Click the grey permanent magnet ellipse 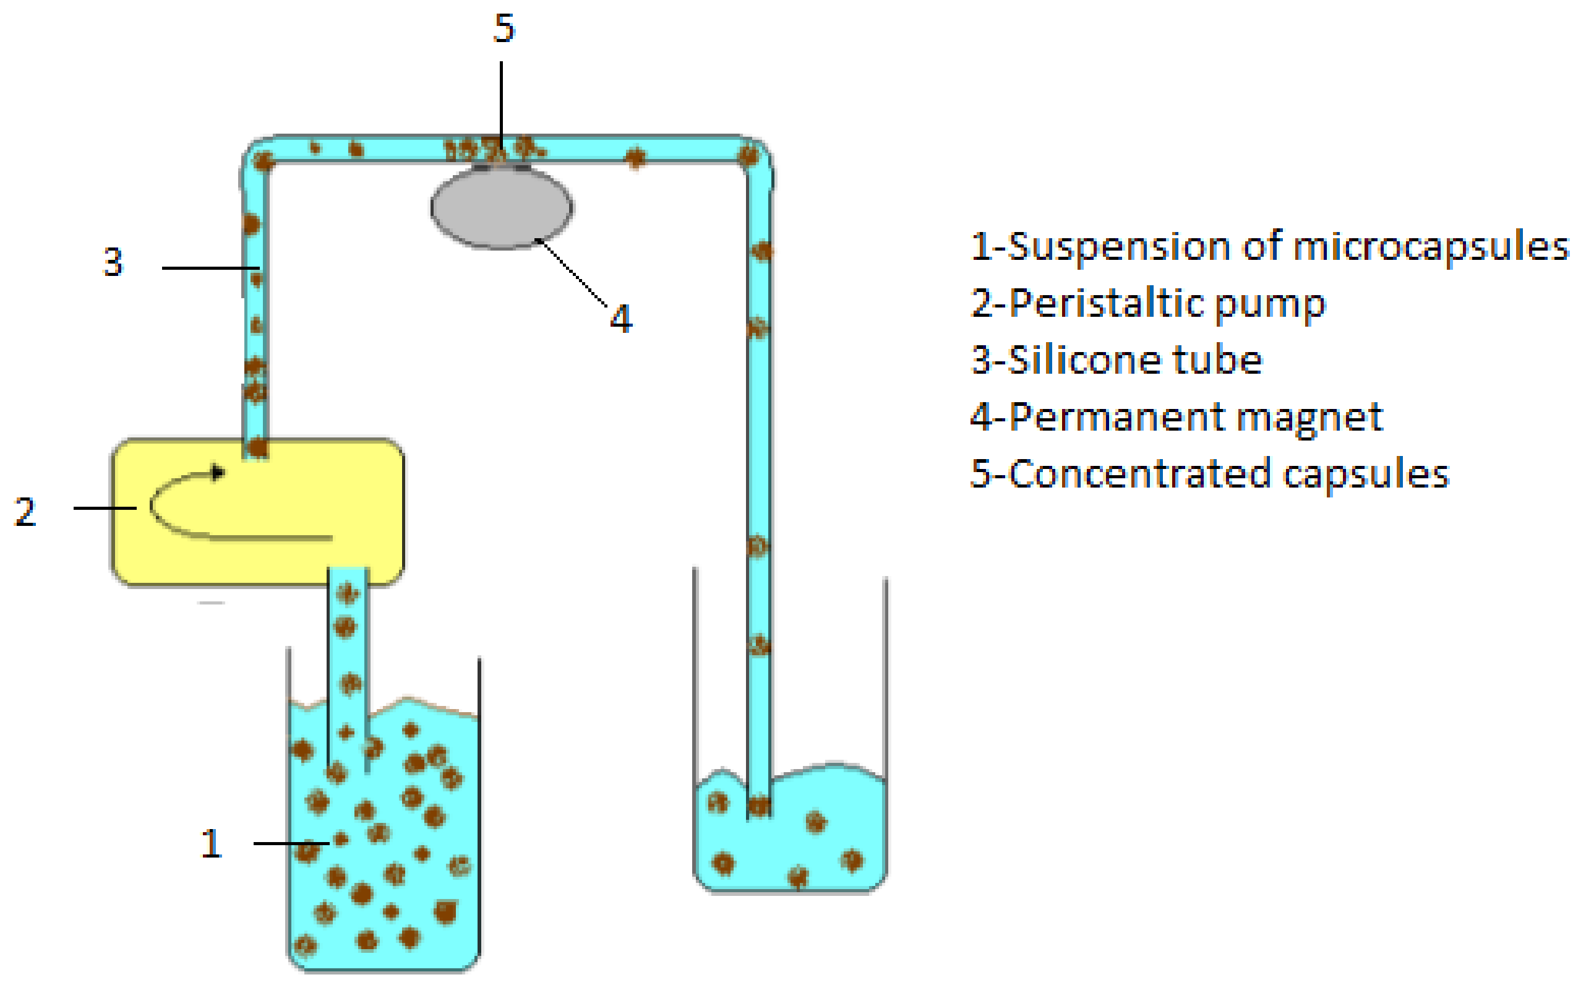coord(502,208)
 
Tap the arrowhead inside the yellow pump coord(219,472)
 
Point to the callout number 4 coord(620,319)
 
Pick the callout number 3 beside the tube coord(113,262)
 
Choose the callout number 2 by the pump coord(25,512)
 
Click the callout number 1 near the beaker coord(211,844)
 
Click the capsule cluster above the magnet coord(495,149)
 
